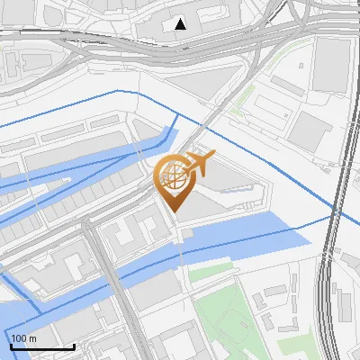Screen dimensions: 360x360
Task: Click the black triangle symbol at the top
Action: click(181, 23)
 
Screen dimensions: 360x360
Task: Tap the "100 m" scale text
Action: click(24, 338)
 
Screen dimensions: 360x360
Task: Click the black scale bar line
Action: click(41, 346)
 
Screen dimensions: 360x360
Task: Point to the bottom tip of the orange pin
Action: click(173, 211)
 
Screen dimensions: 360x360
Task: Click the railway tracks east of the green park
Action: click(327, 297)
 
